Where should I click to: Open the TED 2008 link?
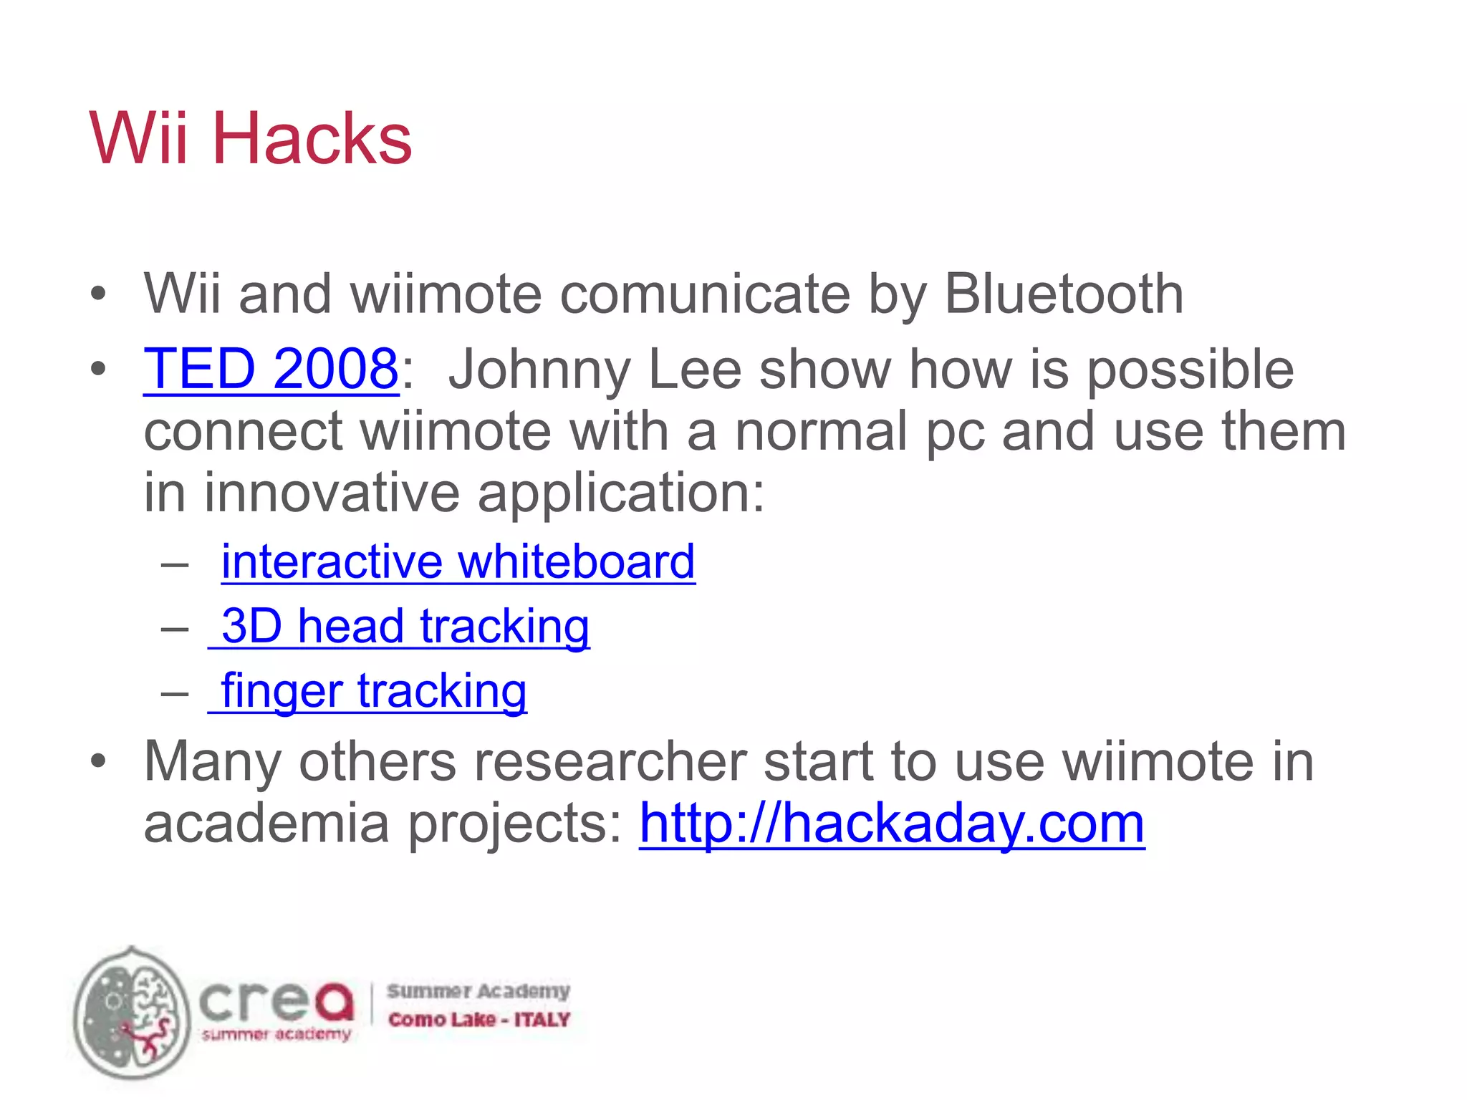click(x=271, y=369)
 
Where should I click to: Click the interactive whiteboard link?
click(x=458, y=561)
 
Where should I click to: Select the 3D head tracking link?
click(x=405, y=626)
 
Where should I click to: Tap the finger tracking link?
click(x=373, y=691)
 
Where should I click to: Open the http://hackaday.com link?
click(x=892, y=824)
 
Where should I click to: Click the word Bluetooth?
click(x=1064, y=294)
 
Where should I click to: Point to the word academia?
click(x=266, y=824)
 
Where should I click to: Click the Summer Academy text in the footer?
click(x=478, y=991)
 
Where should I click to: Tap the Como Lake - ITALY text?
click(x=478, y=1019)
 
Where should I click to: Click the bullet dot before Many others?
click(x=98, y=761)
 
